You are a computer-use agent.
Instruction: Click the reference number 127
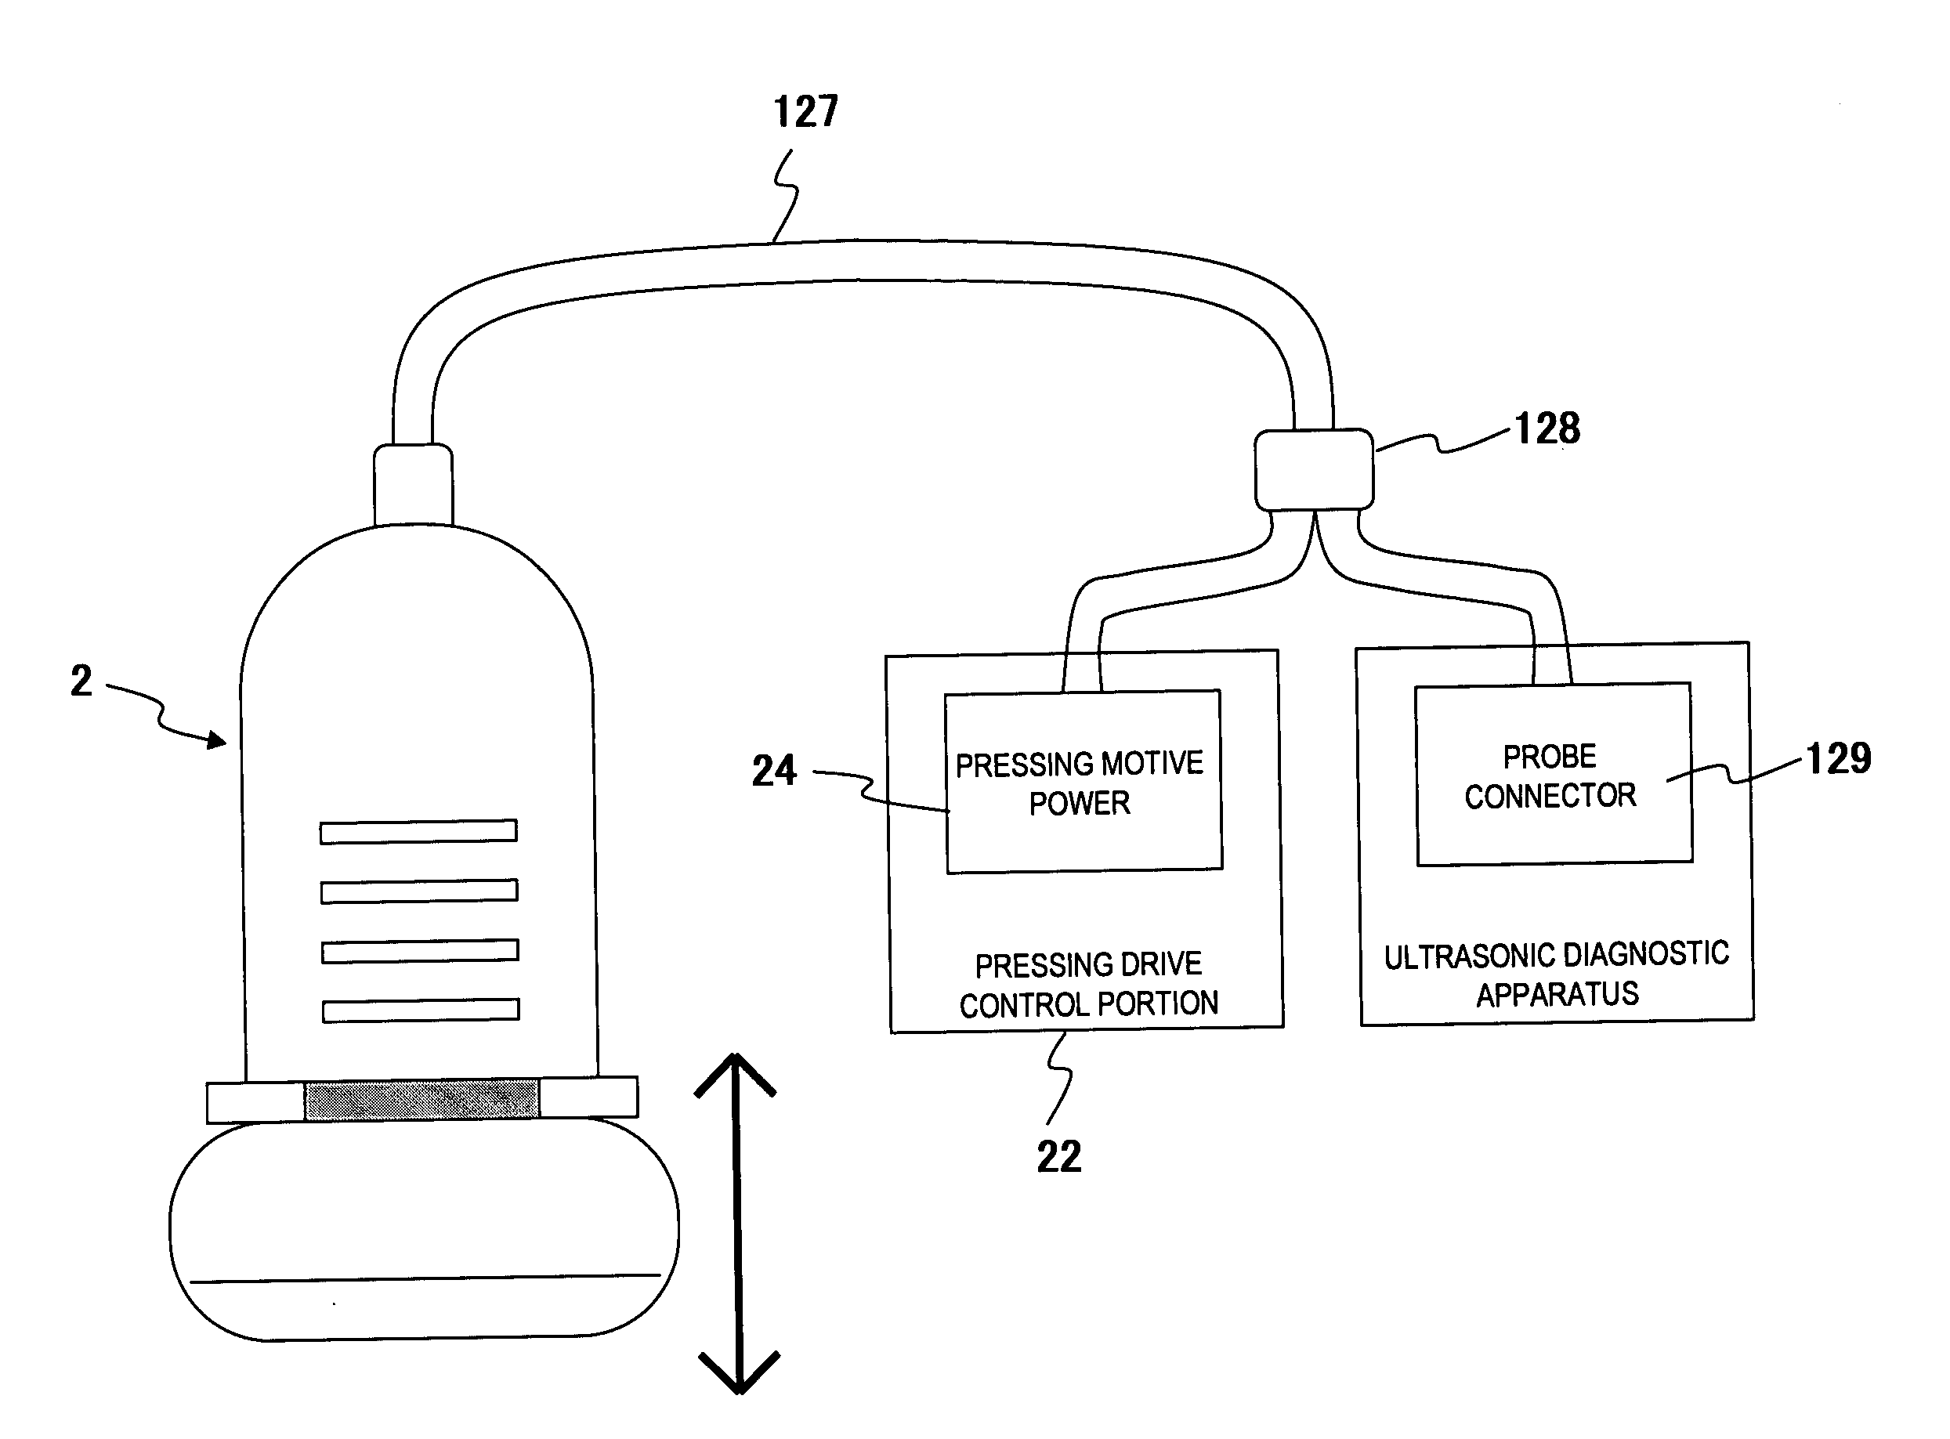[805, 112]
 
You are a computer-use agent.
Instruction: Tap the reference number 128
[1547, 428]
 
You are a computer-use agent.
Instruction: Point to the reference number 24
[773, 771]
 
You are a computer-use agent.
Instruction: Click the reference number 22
[1059, 1157]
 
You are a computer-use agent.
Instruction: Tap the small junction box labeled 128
[1313, 469]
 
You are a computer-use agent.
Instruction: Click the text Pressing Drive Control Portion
[1089, 985]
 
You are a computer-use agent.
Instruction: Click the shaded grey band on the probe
[421, 1099]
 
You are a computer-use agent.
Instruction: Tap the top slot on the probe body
[418, 832]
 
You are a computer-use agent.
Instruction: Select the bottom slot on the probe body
[421, 1011]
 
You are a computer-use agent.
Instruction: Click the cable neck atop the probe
[413, 485]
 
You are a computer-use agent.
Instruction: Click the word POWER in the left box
[1079, 803]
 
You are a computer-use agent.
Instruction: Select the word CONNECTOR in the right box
[1550, 796]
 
